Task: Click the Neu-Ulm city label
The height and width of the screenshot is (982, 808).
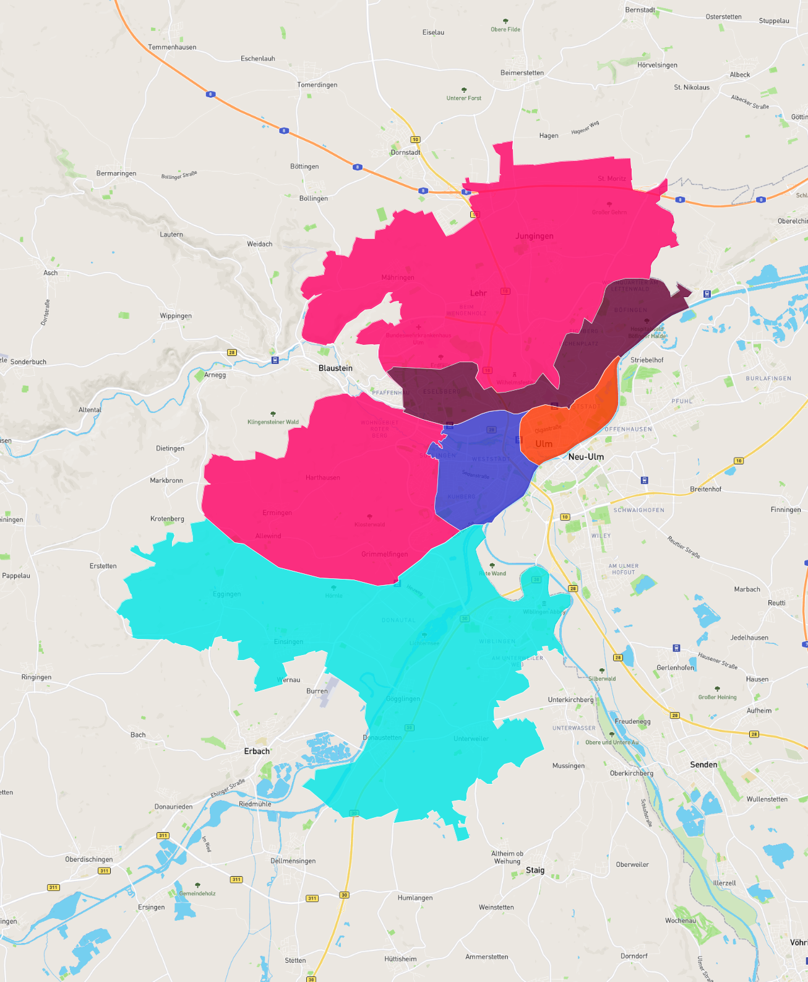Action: click(585, 457)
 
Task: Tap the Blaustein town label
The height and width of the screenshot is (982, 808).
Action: click(335, 368)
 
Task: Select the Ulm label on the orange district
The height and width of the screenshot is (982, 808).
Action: click(544, 444)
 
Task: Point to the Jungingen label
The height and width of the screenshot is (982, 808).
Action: click(535, 236)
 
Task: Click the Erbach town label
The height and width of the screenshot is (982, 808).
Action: click(257, 751)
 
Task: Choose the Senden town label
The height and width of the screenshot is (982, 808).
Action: click(703, 765)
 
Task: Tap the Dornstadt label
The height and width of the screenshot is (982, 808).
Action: click(405, 152)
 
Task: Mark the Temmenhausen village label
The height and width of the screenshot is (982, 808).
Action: click(172, 47)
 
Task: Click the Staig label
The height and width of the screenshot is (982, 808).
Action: click(535, 870)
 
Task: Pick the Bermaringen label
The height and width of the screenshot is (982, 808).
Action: click(116, 173)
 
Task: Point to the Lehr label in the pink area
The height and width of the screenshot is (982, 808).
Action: click(478, 293)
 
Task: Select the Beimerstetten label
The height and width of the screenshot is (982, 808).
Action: click(522, 73)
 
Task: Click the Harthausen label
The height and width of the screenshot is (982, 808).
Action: click(322, 477)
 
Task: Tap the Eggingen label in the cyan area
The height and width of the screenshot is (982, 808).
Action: click(227, 594)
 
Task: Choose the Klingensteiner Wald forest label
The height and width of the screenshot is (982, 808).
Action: click(273, 422)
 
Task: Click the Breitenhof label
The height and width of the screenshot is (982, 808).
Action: click(705, 489)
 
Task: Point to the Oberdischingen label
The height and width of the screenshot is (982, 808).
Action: click(89, 859)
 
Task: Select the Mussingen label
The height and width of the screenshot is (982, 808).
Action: click(568, 766)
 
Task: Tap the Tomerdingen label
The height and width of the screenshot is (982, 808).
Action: click(317, 85)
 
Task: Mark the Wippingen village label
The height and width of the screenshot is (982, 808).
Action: click(176, 316)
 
